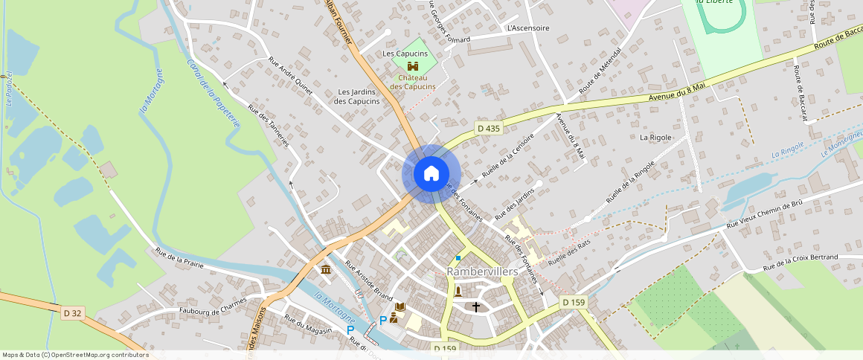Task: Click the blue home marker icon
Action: click(x=431, y=174)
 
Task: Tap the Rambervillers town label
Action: click(x=482, y=272)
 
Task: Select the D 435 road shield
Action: click(x=489, y=129)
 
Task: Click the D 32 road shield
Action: click(x=72, y=313)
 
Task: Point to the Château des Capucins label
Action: click(x=413, y=82)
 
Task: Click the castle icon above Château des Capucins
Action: click(x=413, y=65)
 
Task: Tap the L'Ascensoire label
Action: click(x=527, y=28)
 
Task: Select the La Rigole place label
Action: click(x=655, y=138)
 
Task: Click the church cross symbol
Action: click(x=476, y=306)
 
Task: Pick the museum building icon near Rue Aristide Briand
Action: click(x=326, y=269)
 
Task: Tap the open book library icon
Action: click(x=400, y=306)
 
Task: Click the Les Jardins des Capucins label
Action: click(x=357, y=96)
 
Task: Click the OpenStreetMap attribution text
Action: click(x=74, y=355)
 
